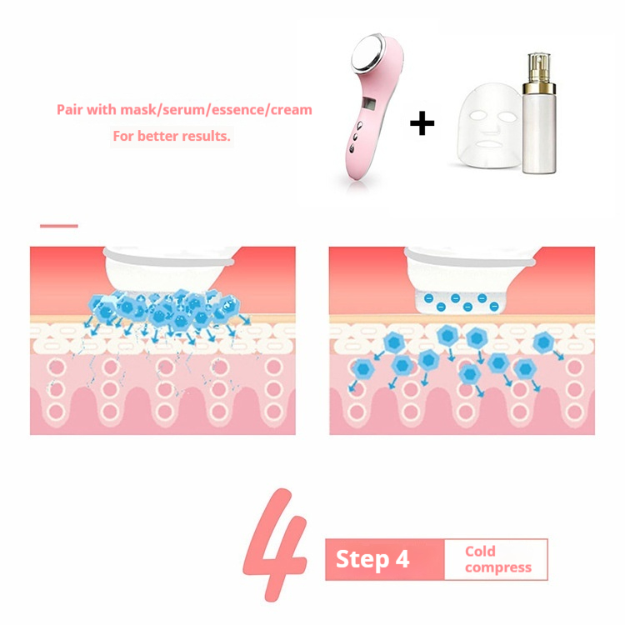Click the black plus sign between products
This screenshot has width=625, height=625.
click(x=422, y=125)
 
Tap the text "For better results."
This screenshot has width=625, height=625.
click(x=171, y=135)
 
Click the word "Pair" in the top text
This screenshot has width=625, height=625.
click(x=70, y=109)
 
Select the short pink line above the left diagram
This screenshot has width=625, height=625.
click(x=58, y=225)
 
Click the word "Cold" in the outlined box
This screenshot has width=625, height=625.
click(x=481, y=551)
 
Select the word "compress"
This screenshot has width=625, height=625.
click(x=497, y=567)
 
